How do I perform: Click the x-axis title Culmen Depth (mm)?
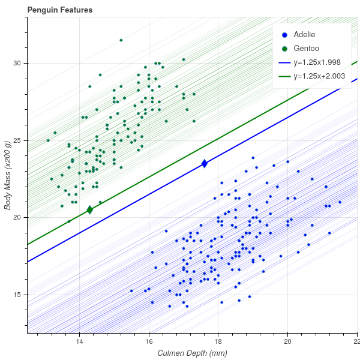[x=192, y=353]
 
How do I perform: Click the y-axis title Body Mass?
[x=8, y=175]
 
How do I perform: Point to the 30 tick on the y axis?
[x=17, y=63]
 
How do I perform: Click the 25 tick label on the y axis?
[x=17, y=140]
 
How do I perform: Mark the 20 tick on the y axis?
[x=17, y=217]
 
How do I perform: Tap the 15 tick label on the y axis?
[x=17, y=295]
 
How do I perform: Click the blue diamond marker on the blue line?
[x=205, y=163]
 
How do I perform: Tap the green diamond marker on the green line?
[x=90, y=210]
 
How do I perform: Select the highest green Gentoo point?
[x=121, y=40]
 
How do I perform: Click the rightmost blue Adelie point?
[x=340, y=202]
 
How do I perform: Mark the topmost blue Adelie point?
[x=253, y=158]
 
